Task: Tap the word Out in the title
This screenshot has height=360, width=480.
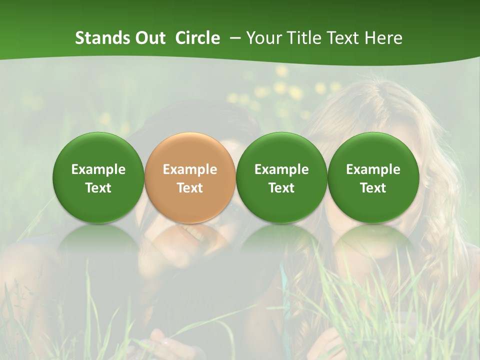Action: tap(149, 38)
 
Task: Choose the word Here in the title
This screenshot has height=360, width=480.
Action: tap(384, 38)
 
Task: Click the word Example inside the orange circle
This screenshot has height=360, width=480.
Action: tap(190, 169)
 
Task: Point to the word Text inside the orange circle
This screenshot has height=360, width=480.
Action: tap(190, 188)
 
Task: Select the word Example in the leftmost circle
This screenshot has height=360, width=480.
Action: tap(98, 169)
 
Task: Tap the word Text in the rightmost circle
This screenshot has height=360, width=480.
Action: tap(373, 188)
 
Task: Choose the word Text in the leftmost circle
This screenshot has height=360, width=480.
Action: tap(98, 188)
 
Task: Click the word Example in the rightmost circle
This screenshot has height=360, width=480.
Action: tap(373, 169)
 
